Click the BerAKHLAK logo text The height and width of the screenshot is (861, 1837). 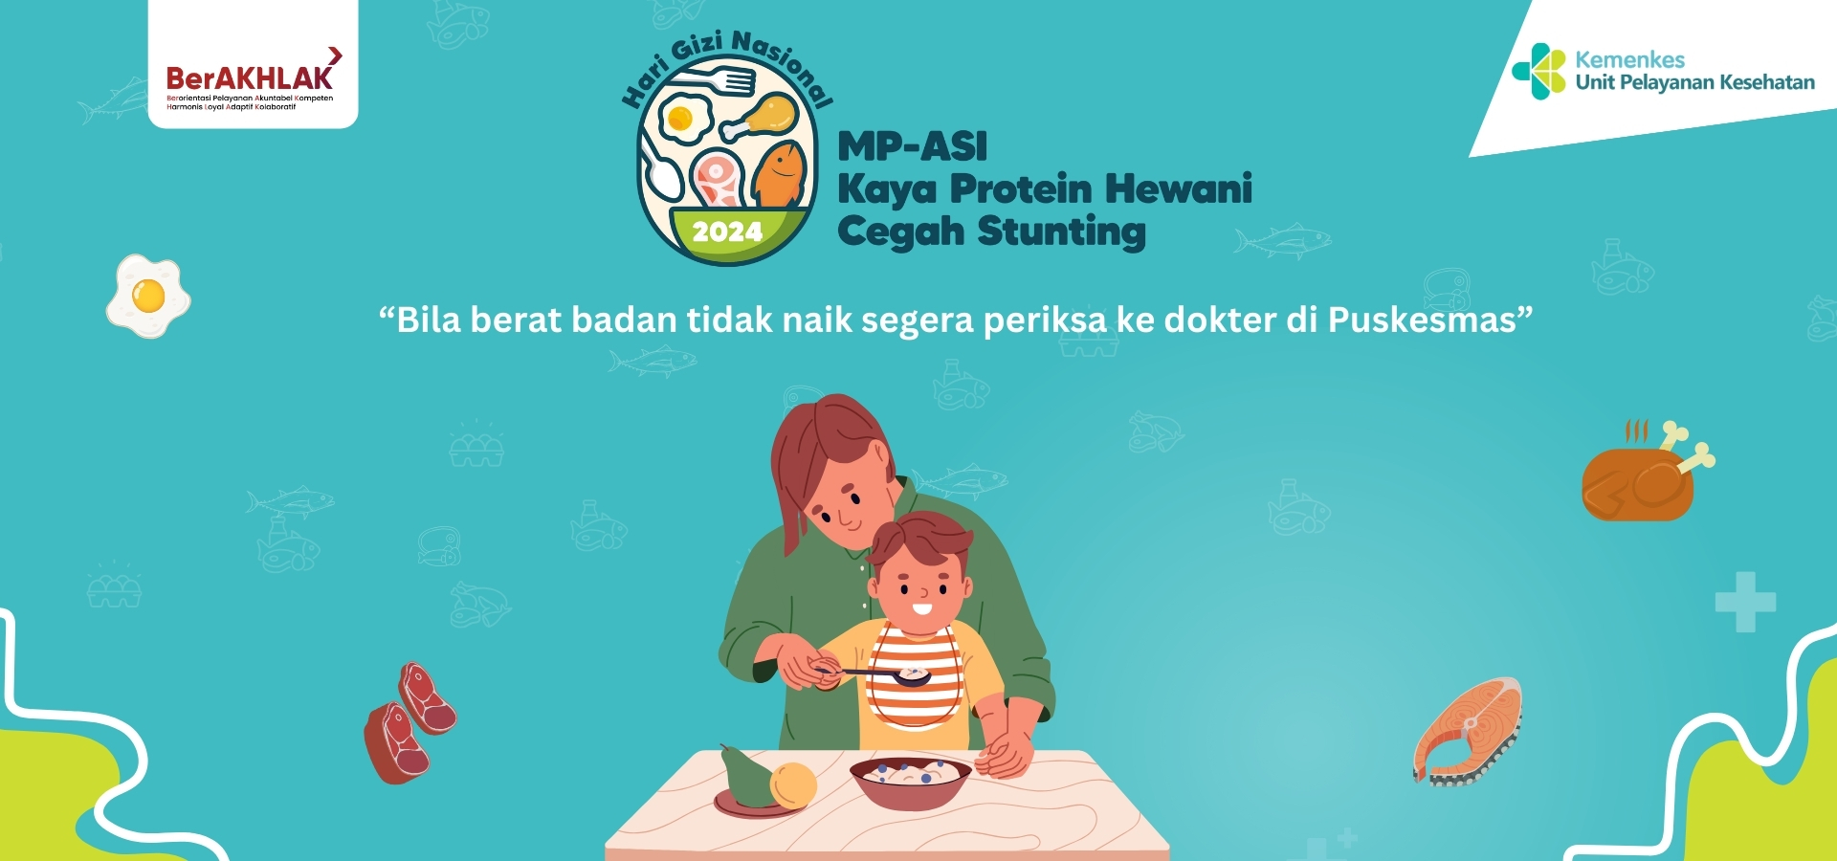tap(249, 78)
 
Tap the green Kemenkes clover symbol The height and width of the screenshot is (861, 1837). tap(1538, 71)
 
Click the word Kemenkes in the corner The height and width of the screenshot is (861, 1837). tap(1629, 59)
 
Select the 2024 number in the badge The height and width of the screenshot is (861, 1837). tap(727, 232)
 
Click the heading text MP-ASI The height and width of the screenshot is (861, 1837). tap(912, 146)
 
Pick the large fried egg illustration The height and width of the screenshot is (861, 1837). tap(148, 296)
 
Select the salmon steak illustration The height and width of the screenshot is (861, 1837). tap(1468, 731)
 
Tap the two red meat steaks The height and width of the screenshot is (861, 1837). tap(409, 723)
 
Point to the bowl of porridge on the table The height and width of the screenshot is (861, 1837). tap(910, 779)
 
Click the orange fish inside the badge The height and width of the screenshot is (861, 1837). tap(781, 175)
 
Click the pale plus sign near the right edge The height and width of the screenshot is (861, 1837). tap(1745, 602)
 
